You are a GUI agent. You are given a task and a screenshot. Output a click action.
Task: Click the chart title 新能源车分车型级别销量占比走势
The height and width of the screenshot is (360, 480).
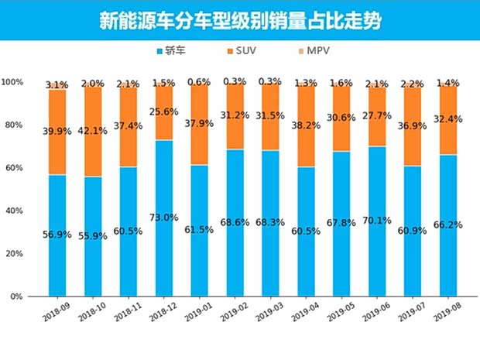(239, 19)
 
